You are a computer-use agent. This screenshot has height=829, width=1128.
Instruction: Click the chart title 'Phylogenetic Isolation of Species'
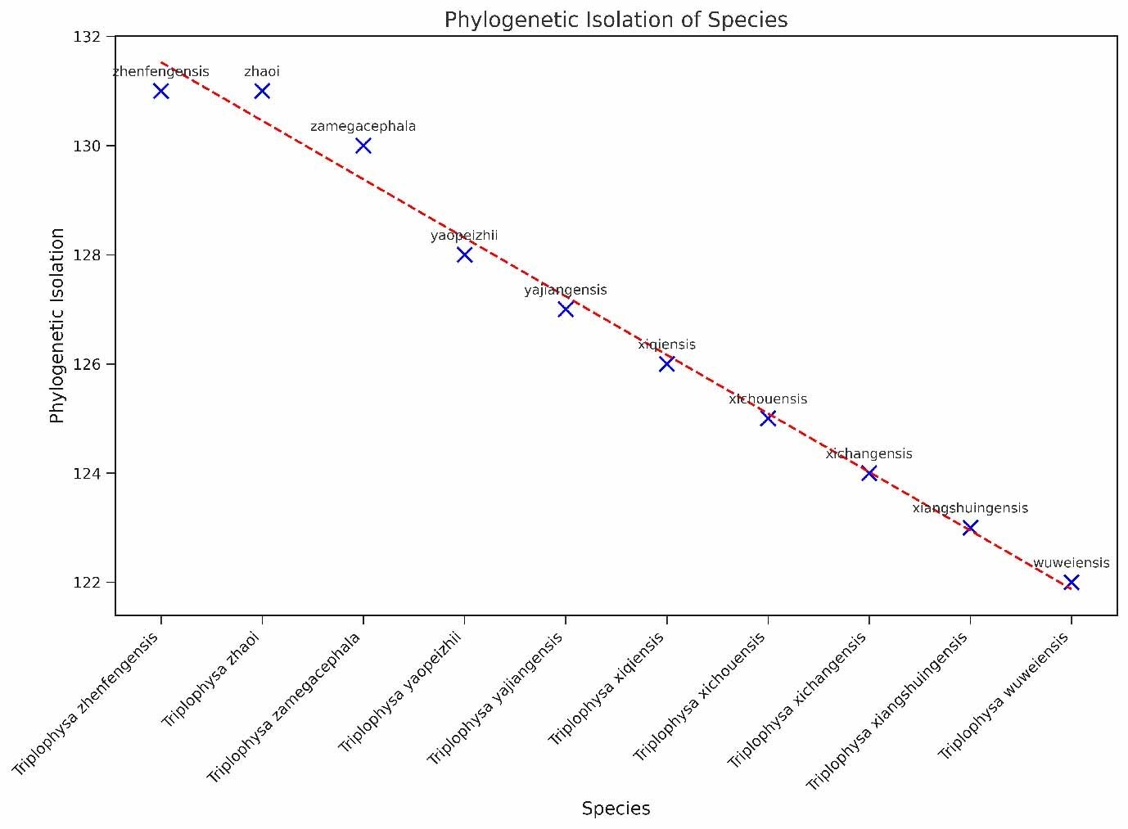(x=616, y=20)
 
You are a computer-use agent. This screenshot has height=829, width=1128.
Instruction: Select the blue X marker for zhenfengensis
(x=161, y=91)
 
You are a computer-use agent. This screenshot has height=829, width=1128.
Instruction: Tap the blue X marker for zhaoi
(x=262, y=91)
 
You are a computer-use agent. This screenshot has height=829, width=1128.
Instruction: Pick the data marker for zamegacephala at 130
(x=363, y=146)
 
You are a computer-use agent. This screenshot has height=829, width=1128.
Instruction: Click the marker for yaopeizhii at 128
(x=464, y=255)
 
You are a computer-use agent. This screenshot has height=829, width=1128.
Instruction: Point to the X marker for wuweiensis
(x=1071, y=583)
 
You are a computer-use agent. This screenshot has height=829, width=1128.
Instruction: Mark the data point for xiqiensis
(x=666, y=364)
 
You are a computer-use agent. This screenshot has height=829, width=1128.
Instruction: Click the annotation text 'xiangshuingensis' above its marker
(x=970, y=508)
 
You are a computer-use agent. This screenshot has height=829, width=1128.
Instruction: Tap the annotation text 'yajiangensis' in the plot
(x=566, y=290)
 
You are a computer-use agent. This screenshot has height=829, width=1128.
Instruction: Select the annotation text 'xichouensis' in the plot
(x=768, y=399)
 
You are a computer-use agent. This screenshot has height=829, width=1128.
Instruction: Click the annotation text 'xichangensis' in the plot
(x=869, y=453)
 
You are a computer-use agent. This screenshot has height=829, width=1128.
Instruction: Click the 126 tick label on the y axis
(x=92, y=364)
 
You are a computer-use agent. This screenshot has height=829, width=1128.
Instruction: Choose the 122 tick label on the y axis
(x=92, y=583)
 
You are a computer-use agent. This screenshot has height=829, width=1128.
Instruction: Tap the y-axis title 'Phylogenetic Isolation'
(x=57, y=326)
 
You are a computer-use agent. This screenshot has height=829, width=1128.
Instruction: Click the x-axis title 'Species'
(x=616, y=809)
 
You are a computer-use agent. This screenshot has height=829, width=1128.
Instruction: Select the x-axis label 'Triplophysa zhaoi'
(x=212, y=679)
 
